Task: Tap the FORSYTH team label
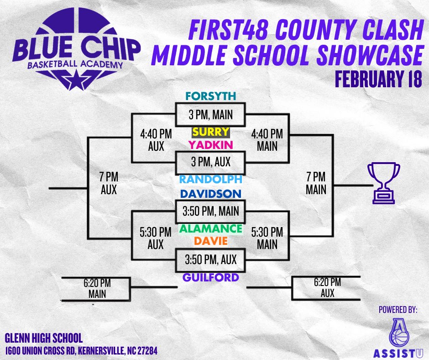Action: coord(210,96)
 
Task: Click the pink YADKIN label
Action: coord(210,145)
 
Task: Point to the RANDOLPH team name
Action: coord(210,179)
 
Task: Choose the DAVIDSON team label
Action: coord(210,194)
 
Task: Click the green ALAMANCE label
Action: coord(210,228)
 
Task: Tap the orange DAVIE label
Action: coord(210,240)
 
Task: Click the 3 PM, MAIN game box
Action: coord(210,114)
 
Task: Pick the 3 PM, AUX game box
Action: coord(210,163)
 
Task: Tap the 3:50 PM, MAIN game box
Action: coord(210,211)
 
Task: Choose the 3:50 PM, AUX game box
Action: coord(210,259)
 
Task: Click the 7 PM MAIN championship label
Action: coord(316,183)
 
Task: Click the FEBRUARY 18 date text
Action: coord(378,79)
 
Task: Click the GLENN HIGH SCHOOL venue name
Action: coord(44,339)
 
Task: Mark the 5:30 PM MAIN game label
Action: coord(267,238)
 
